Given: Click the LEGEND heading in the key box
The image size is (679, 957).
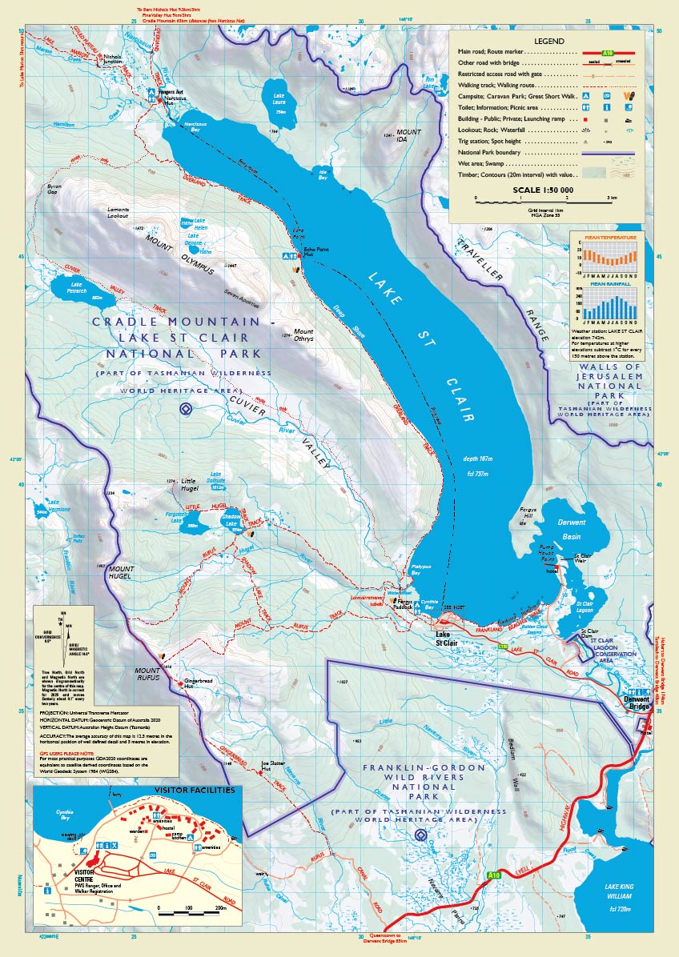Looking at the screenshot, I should pyautogui.click(x=548, y=41).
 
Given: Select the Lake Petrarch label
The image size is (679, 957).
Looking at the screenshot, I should pyautogui.click(x=77, y=284).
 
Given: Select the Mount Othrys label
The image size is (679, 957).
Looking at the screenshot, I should pyautogui.click(x=303, y=335).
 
